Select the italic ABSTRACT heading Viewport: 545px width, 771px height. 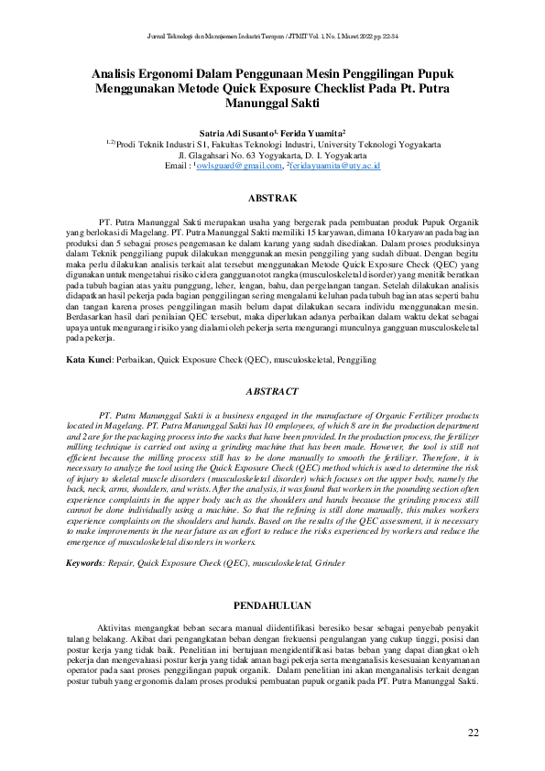coord(272,391)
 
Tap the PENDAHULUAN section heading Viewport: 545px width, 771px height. coord(272,605)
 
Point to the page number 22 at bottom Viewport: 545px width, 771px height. coord(473,732)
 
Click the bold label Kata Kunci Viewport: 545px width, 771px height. coord(88,361)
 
